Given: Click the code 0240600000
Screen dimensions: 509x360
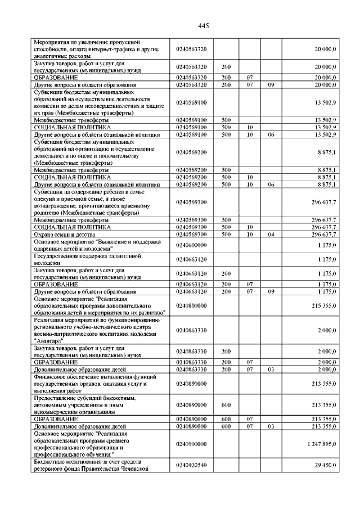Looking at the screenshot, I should point(191,245).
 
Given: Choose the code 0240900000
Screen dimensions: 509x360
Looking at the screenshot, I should point(191,444).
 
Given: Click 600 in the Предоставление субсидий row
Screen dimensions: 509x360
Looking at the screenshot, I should point(227,404).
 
